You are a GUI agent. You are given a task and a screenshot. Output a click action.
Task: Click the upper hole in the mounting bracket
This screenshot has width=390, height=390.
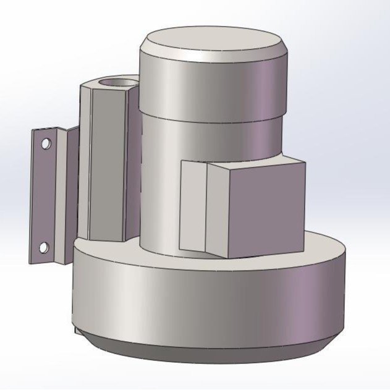[x=45, y=143]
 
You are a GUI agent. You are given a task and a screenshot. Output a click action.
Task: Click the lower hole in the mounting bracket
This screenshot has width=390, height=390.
[x=44, y=248]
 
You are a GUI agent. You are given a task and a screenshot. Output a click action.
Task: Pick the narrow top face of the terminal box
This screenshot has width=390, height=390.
[x=253, y=161]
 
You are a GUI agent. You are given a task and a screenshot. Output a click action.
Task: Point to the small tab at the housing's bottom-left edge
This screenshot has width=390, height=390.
[x=77, y=331]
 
